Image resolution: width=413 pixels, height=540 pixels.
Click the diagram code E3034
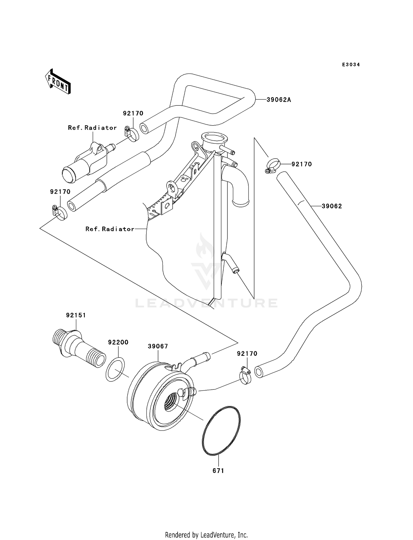click(x=351, y=65)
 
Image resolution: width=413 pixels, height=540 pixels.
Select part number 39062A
click(x=279, y=100)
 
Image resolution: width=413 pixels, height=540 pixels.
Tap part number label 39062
click(x=332, y=206)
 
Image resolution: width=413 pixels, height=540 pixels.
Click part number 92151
click(x=76, y=315)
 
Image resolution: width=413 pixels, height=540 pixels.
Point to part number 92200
click(x=118, y=342)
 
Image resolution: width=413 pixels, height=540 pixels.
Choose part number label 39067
click(x=158, y=346)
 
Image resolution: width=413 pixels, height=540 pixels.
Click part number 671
click(x=218, y=471)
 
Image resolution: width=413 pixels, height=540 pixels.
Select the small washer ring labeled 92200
click(x=115, y=369)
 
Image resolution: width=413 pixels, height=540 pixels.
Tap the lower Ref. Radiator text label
click(x=110, y=229)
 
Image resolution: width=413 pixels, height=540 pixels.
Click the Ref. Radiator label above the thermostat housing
click(x=92, y=128)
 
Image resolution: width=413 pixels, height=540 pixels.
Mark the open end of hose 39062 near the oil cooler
click(x=259, y=372)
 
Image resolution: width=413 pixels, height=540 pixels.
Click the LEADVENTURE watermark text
click(x=206, y=303)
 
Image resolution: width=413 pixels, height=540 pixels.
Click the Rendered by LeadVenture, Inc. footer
click(x=206, y=535)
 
